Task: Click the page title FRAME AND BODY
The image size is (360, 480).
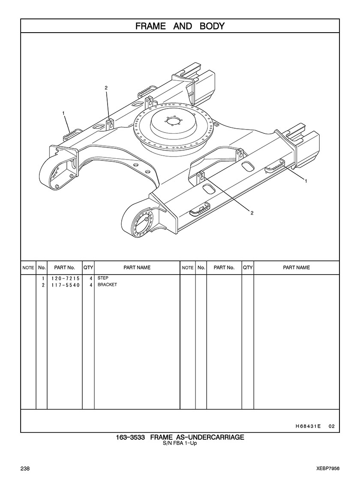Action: pyautogui.click(x=180, y=26)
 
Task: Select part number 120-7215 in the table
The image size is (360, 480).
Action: pyautogui.click(x=65, y=278)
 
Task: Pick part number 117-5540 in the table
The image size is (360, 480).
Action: pyautogui.click(x=65, y=285)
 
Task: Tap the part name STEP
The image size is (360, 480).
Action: pyautogui.click(x=103, y=278)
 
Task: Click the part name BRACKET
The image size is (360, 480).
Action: pyautogui.click(x=107, y=285)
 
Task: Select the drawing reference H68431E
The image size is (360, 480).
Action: pyautogui.click(x=308, y=426)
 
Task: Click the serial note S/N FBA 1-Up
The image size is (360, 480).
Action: pyautogui.click(x=180, y=443)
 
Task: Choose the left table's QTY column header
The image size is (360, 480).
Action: pyautogui.click(x=88, y=268)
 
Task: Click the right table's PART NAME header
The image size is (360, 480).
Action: pyautogui.click(x=297, y=268)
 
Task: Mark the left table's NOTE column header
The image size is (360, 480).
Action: pyautogui.click(x=28, y=268)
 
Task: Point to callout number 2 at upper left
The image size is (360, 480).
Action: pyautogui.click(x=106, y=88)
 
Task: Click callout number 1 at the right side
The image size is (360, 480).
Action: pyautogui.click(x=306, y=181)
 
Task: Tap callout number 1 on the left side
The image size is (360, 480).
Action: pyautogui.click(x=63, y=113)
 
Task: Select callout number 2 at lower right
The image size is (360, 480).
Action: pyautogui.click(x=252, y=213)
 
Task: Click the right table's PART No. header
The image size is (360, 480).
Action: pyautogui.click(x=224, y=268)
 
